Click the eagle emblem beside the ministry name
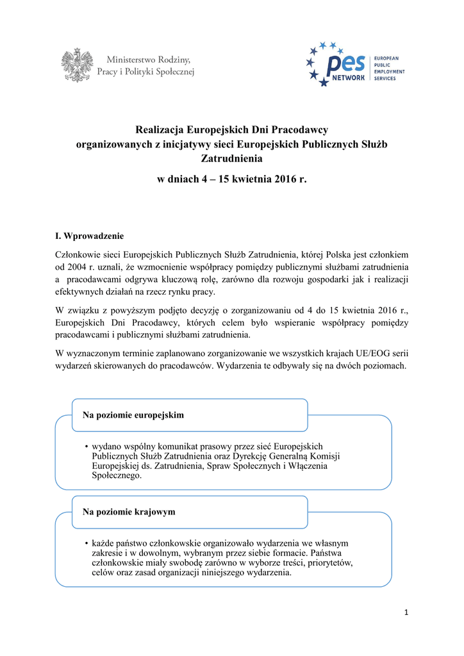pos(76,65)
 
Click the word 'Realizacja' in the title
pos(162,130)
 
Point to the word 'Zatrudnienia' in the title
pos(232,158)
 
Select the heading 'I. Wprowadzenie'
pos(90,236)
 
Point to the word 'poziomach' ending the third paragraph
pos(386,366)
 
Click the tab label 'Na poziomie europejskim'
pos(133,415)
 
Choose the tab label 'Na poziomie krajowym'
pos(129,512)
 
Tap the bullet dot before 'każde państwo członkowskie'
pos(86,543)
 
